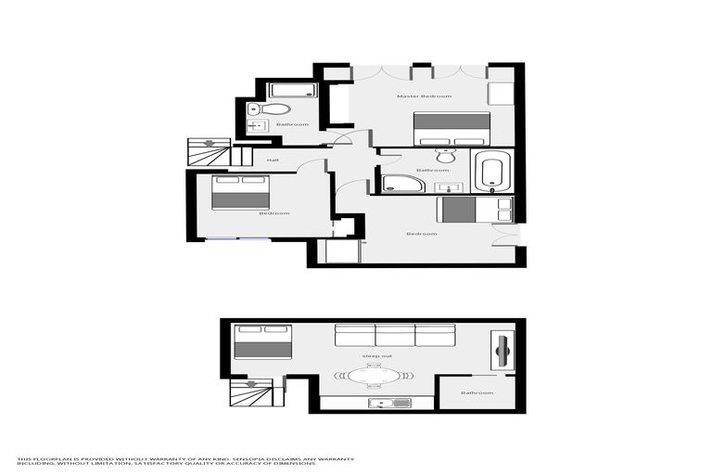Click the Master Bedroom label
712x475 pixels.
(424, 96)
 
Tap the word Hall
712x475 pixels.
(273, 160)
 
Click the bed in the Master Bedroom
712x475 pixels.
(451, 128)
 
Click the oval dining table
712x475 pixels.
(374, 376)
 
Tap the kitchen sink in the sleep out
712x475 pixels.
(389, 403)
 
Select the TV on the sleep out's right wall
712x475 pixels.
(502, 350)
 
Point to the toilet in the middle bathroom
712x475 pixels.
(445, 155)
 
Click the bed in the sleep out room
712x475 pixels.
(262, 340)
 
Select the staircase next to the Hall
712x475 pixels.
(209, 151)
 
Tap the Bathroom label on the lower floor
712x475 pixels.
(477, 392)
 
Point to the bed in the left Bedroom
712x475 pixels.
(240, 192)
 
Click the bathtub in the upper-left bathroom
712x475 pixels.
(293, 90)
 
